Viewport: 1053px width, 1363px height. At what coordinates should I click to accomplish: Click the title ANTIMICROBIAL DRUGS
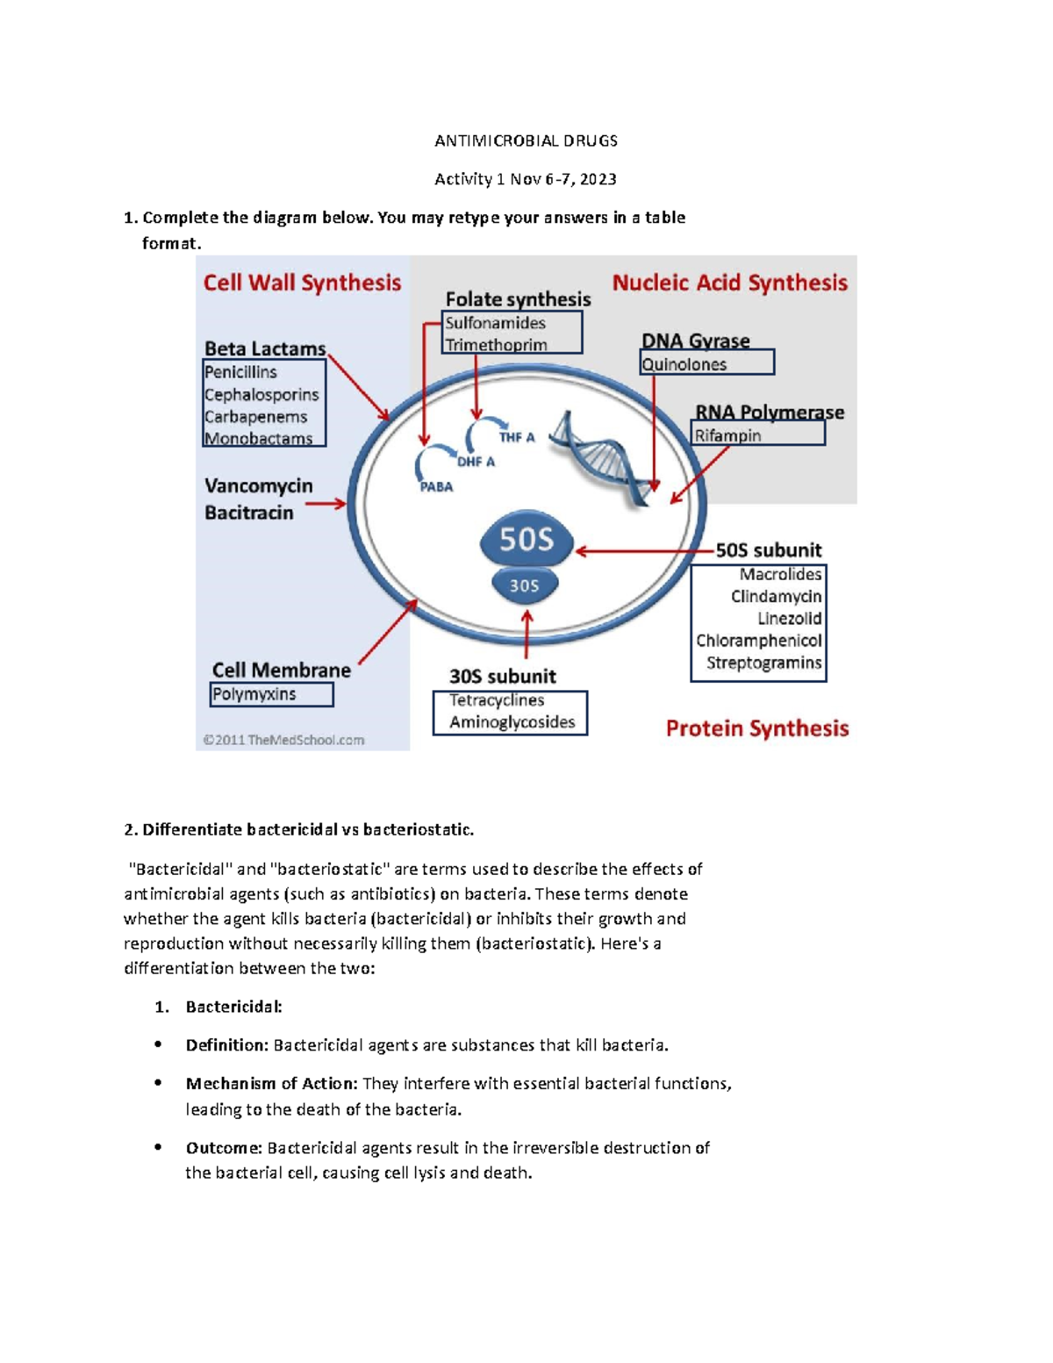coord(526,140)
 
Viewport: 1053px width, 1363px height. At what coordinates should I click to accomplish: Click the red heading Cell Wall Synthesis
coord(302,283)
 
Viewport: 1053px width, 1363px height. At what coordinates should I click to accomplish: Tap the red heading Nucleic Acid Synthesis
coord(729,283)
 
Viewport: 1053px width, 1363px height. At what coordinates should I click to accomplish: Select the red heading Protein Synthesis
coord(756,728)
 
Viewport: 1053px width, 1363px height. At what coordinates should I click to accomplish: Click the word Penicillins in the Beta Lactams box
coord(240,372)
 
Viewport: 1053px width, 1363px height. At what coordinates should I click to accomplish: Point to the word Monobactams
coord(258,438)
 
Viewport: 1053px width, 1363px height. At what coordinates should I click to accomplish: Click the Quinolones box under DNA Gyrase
coord(706,363)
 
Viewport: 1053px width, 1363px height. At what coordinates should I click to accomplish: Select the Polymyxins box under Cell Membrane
coord(271,694)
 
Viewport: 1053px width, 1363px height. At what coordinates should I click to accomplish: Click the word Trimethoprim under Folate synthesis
coord(496,345)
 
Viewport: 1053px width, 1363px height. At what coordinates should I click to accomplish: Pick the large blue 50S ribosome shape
coord(526,539)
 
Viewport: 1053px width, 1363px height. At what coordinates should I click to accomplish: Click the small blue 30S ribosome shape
coord(524,585)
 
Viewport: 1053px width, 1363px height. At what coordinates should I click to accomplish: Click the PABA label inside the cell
coord(436,487)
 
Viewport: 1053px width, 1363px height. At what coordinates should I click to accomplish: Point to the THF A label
coord(516,437)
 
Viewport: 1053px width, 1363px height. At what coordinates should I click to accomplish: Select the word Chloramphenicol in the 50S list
coord(758,641)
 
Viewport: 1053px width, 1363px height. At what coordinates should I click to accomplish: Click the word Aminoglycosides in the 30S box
coord(512,722)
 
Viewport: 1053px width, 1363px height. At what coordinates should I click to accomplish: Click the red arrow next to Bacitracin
coord(326,504)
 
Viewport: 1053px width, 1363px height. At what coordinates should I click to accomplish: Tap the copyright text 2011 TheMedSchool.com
coord(283,740)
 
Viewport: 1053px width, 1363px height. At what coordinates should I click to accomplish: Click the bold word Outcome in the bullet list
coord(223,1148)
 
